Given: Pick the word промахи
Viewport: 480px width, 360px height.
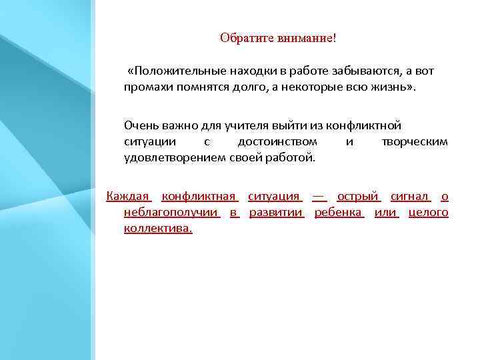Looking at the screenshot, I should [x=145, y=87].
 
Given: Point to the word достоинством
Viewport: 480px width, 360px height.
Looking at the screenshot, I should [x=277, y=142].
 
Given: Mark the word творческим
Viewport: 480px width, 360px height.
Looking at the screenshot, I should [x=414, y=142].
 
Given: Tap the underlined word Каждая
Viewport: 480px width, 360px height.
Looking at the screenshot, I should [x=129, y=196].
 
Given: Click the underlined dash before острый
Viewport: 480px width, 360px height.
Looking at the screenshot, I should [x=319, y=196].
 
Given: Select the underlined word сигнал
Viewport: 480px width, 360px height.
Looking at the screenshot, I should [x=409, y=196].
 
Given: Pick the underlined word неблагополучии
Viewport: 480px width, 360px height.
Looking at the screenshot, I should [x=171, y=213].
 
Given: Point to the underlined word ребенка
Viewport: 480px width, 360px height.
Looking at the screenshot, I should [x=338, y=213].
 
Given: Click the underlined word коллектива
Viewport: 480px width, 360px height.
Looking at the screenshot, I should [x=157, y=229].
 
